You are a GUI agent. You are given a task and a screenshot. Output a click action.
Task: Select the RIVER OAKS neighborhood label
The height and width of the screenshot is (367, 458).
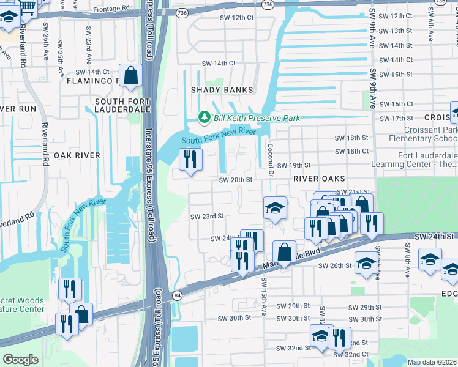point(316,178)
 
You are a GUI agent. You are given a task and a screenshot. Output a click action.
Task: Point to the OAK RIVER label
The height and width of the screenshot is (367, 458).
point(77,155)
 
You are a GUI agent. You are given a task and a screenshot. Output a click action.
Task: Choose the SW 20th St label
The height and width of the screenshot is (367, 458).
point(236,180)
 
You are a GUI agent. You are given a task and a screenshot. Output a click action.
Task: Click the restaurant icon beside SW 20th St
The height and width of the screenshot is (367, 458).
point(190,160)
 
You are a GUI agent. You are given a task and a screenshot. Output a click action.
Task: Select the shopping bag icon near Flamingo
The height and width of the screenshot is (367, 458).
point(131,76)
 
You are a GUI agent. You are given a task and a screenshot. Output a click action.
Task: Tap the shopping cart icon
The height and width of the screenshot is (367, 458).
point(27,7)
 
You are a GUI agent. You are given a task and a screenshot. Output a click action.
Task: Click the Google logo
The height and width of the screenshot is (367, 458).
point(20,360)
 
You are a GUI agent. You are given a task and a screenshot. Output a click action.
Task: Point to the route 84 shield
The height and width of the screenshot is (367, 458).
point(177,296)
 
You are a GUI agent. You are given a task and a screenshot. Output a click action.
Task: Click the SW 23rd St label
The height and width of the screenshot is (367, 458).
point(207,216)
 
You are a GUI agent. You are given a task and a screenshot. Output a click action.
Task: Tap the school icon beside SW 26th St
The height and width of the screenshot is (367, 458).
point(366,264)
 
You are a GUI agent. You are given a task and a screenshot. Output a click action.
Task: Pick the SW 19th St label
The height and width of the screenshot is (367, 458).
point(294,165)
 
